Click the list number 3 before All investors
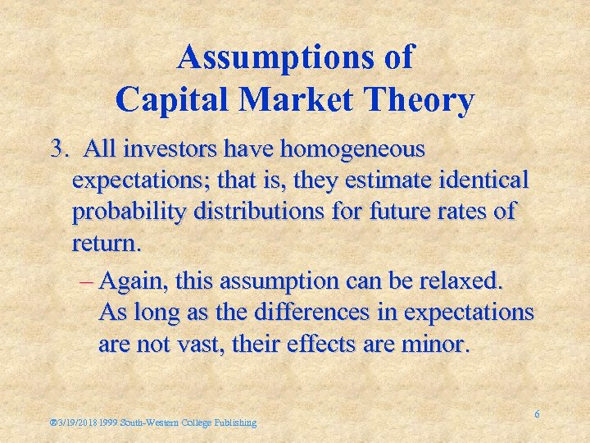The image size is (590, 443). [x=57, y=149]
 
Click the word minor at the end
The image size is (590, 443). [x=437, y=344]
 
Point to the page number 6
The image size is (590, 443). [x=537, y=415]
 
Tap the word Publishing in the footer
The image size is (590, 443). [x=235, y=423]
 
